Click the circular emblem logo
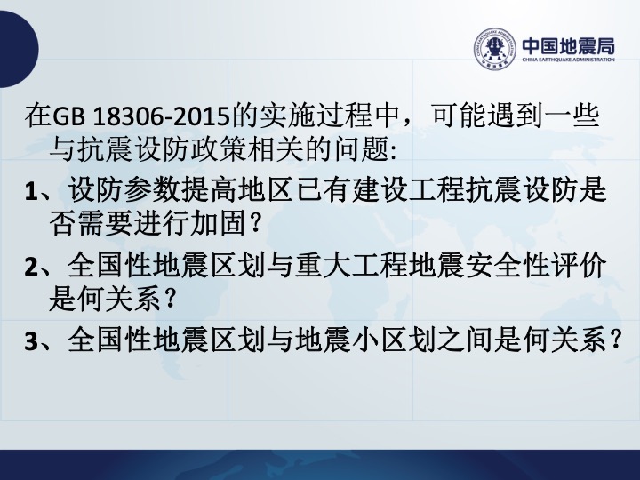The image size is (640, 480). [495, 49]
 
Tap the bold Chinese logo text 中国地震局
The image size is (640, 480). [568, 46]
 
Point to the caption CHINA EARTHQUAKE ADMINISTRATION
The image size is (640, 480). [568, 60]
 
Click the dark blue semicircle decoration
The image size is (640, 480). [20, 49]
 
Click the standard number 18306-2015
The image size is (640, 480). [160, 117]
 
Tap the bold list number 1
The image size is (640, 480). [31, 192]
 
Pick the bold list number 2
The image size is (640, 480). [31, 268]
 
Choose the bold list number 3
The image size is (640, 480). [31, 341]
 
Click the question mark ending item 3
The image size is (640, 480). [615, 340]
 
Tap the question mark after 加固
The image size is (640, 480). [255, 224]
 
